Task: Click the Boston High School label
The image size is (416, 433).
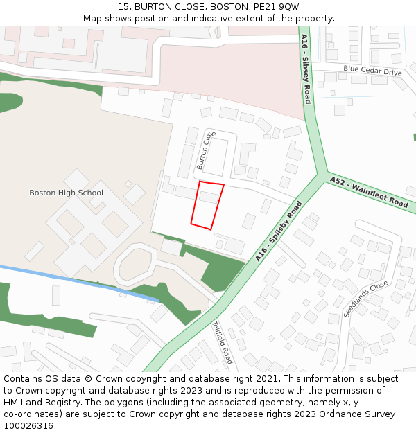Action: click(x=66, y=193)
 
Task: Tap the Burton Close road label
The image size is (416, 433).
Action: click(x=202, y=150)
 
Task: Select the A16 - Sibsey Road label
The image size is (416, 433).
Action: click(x=306, y=69)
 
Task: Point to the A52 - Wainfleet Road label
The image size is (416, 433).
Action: click(x=369, y=192)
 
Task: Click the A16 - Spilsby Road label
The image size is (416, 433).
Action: click(x=279, y=231)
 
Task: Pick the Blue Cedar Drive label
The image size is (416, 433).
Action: click(x=372, y=71)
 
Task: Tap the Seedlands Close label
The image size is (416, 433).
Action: click(x=365, y=299)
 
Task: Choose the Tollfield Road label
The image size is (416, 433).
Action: click(x=222, y=342)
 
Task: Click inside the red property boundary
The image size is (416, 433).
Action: click(x=207, y=206)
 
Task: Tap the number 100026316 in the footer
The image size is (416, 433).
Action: click(x=27, y=425)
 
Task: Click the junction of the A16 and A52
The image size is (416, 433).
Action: click(x=323, y=176)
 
